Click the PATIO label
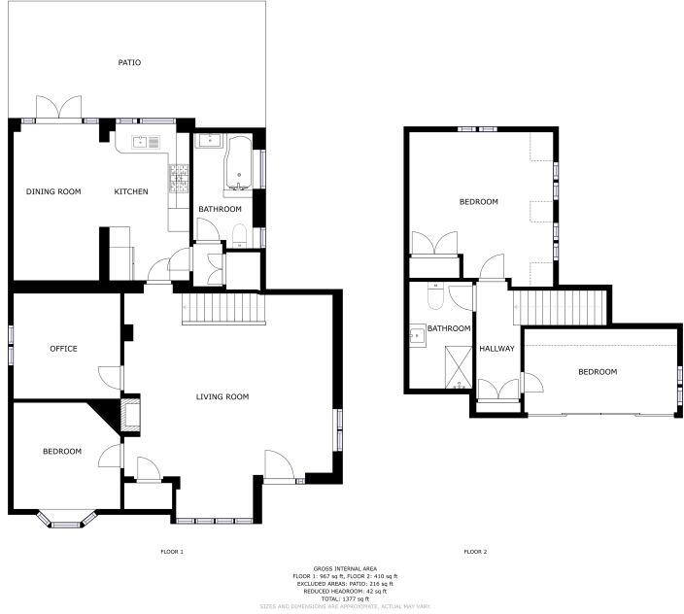[x=129, y=62]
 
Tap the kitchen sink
[x=145, y=142]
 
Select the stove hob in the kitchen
[x=179, y=176]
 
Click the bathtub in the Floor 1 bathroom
[x=238, y=163]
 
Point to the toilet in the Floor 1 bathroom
[x=238, y=232]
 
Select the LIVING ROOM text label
[x=222, y=396]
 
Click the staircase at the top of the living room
[x=224, y=310]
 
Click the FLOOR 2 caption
[x=475, y=552]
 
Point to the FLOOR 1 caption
[x=172, y=552]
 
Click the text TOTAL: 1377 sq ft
[x=342, y=597]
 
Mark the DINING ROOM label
[x=52, y=191]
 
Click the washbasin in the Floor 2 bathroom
[x=418, y=335]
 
